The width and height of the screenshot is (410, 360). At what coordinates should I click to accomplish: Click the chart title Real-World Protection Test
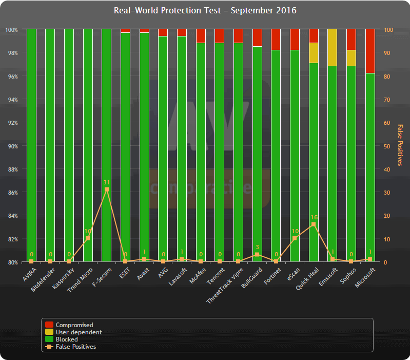pyautogui.click(x=205, y=11)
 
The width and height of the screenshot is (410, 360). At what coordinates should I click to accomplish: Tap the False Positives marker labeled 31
pyautogui.click(x=106, y=190)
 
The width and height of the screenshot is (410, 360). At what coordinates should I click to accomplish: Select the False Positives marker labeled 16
pyautogui.click(x=314, y=224)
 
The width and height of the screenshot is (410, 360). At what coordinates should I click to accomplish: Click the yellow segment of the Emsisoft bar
pyautogui.click(x=332, y=47)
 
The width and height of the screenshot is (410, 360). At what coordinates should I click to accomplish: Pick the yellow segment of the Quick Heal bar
pyautogui.click(x=314, y=53)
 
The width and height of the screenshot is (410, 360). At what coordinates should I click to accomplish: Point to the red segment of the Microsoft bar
pyautogui.click(x=370, y=51)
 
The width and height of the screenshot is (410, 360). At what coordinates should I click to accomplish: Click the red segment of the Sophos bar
pyautogui.click(x=351, y=39)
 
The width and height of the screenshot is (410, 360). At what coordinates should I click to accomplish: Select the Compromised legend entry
pyautogui.click(x=74, y=325)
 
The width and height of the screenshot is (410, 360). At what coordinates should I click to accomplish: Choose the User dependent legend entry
pyautogui.click(x=79, y=332)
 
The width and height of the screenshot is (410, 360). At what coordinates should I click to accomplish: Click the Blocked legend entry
pyautogui.click(x=67, y=339)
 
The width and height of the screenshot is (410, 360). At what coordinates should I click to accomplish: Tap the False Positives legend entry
pyautogui.click(x=75, y=347)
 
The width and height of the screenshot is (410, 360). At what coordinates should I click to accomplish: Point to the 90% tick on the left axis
pyautogui.click(x=12, y=146)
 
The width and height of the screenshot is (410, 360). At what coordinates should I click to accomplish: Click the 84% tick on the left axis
pyautogui.click(x=12, y=216)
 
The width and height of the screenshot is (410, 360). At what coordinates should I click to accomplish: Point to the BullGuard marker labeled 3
pyautogui.click(x=257, y=255)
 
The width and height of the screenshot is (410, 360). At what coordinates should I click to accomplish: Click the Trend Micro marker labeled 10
pyautogui.click(x=88, y=238)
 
